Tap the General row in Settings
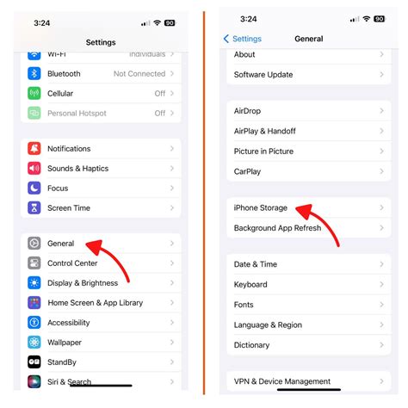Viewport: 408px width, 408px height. pos(61,244)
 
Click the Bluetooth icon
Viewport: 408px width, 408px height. pos(34,74)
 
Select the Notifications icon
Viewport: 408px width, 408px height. pos(34,149)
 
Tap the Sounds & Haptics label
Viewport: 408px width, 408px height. pos(77,169)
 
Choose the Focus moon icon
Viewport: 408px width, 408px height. pos(34,188)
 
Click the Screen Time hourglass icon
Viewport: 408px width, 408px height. pos(34,207)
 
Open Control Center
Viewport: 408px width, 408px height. pos(72,263)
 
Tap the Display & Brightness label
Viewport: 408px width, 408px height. pos(83,283)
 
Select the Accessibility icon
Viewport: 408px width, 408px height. pos(34,323)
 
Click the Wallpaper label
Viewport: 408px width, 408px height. pos(66,342)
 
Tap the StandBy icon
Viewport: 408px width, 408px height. pos(34,362)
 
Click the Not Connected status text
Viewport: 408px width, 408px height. pos(139,74)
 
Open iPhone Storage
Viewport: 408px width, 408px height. pos(261,208)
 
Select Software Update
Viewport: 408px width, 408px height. pos(263,75)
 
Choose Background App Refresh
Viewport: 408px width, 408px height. pos(277,228)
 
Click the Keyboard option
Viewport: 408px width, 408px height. pos(250,285)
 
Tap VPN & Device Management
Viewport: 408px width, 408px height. pos(282,381)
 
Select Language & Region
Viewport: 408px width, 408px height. pos(268,325)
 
